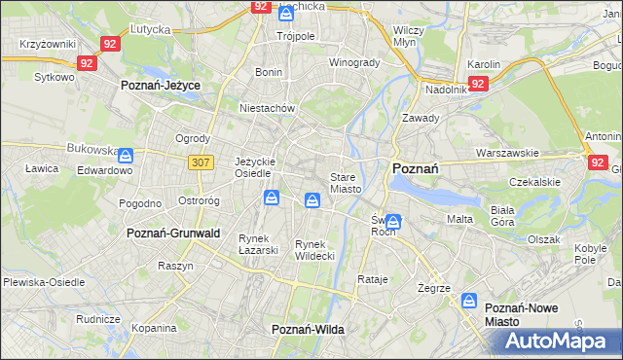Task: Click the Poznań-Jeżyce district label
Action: [x=160, y=86]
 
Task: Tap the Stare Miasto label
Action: [x=346, y=183]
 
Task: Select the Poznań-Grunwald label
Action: [x=173, y=234]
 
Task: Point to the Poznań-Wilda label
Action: [x=308, y=330]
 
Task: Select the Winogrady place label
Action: [x=353, y=63]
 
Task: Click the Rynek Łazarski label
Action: [x=259, y=243]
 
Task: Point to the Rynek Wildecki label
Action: [x=314, y=249]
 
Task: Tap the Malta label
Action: [x=459, y=219]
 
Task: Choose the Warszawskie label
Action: [x=507, y=154]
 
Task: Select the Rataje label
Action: [x=373, y=279]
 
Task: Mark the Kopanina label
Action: [x=153, y=329]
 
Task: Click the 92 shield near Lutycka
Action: [x=110, y=44]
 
